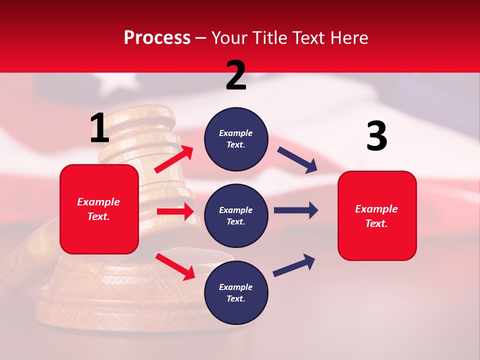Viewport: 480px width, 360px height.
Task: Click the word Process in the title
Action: pos(157,38)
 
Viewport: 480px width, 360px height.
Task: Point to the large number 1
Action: pos(99,128)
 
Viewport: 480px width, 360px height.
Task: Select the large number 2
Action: pos(236,75)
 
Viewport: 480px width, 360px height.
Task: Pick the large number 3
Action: pos(376,136)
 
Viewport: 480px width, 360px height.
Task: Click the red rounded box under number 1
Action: pos(99,209)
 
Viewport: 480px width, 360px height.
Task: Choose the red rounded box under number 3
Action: pos(377,215)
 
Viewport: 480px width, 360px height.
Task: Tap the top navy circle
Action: pos(236,139)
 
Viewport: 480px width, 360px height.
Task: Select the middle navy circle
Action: pos(236,215)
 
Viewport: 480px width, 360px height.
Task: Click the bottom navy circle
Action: pos(236,292)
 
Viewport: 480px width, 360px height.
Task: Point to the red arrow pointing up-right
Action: pos(174,159)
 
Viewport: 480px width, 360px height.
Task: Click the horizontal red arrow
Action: pos(175,211)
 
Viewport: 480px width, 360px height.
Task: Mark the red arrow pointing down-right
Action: pos(175,266)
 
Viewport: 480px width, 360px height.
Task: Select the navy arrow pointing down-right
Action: pos(297,160)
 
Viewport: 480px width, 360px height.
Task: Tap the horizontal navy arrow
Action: pos(295,210)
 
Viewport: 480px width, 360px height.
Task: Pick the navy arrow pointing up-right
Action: pos(294,265)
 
